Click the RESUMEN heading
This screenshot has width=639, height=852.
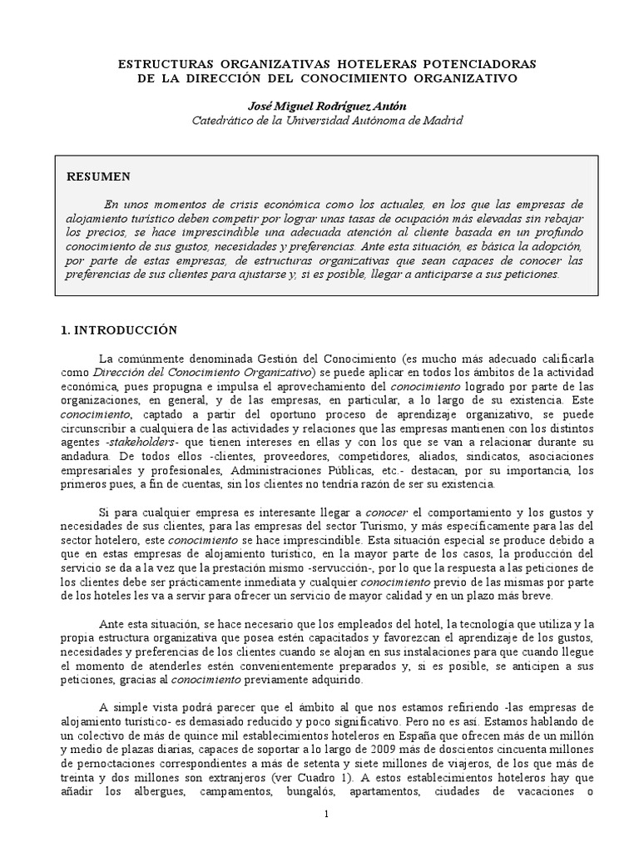(x=98, y=176)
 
